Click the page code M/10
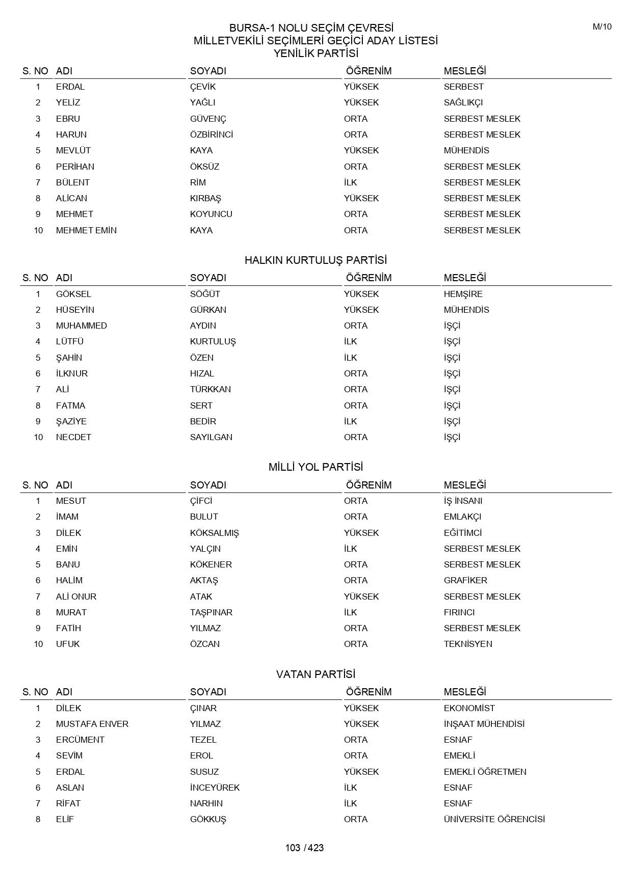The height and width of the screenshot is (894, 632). (602, 27)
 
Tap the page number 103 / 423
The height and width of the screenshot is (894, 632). (304, 848)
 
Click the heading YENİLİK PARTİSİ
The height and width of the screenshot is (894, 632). (315, 53)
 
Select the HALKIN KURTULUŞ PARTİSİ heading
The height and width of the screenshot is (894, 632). (315, 260)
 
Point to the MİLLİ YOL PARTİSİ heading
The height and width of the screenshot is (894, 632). (315, 467)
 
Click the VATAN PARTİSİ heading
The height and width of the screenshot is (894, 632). (315, 674)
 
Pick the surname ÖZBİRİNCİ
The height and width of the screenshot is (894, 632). (212, 134)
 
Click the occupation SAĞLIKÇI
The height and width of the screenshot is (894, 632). (463, 102)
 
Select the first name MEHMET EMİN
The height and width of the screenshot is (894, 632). (86, 230)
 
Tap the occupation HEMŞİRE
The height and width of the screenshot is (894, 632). (463, 294)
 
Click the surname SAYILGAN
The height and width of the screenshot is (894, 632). (211, 437)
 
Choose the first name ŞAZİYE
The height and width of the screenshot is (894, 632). (71, 421)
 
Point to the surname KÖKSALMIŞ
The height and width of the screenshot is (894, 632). (214, 533)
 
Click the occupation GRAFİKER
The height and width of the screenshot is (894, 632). (465, 580)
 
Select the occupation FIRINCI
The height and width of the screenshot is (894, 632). (459, 612)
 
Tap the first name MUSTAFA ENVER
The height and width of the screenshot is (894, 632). (92, 724)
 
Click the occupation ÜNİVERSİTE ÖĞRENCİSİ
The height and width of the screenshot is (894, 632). (494, 819)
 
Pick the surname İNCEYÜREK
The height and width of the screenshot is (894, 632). (215, 788)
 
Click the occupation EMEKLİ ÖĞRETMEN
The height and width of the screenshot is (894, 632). (485, 772)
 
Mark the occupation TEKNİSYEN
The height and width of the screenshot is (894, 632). (468, 644)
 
